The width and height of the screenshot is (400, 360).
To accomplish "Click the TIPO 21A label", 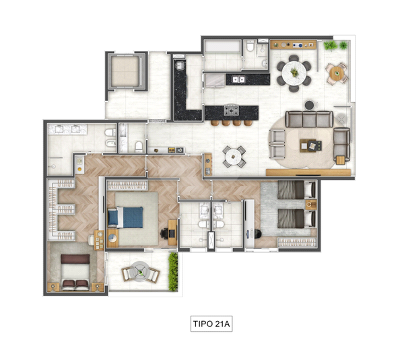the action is pyautogui.click(x=211, y=324).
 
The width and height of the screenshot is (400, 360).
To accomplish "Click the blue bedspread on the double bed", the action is pyautogui.click(x=133, y=217).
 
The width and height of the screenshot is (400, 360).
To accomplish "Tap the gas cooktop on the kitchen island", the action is pyautogui.click(x=232, y=110).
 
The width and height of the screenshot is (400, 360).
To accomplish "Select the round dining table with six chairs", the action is pyautogui.click(x=294, y=73).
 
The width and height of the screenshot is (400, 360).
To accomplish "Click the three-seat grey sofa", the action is pyautogui.click(x=309, y=119).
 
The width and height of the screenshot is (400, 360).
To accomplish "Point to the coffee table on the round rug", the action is pyautogui.click(x=310, y=145).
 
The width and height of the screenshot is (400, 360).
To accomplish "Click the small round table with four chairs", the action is pyautogui.click(x=234, y=157).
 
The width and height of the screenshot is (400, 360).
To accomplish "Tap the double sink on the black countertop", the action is pyautogui.click(x=238, y=79).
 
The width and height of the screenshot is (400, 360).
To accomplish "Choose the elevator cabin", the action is pyautogui.click(x=125, y=71).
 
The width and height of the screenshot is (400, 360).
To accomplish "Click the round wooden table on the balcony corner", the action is pyautogui.click(x=337, y=74).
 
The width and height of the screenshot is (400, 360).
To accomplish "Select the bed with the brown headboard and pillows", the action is pyautogui.click(x=75, y=273).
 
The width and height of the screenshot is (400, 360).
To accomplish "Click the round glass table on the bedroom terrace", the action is pyautogui.click(x=140, y=272).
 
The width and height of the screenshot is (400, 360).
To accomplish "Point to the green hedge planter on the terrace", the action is pyautogui.click(x=173, y=272).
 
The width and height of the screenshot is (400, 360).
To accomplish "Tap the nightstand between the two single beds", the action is pyautogui.click(x=310, y=205).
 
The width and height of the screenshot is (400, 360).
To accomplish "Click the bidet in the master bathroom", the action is pyautogui.click(x=110, y=143).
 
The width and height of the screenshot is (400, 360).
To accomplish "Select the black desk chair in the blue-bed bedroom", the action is pyautogui.click(x=164, y=233).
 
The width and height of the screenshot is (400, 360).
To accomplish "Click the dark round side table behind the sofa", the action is pyautogui.click(x=310, y=105).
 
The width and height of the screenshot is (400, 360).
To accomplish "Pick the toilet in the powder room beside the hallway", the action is pyautogui.click(x=139, y=146).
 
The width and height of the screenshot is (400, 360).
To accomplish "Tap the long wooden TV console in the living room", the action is pyautogui.click(x=308, y=173).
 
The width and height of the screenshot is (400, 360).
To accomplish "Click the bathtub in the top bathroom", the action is pyautogui.click(x=222, y=46).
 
